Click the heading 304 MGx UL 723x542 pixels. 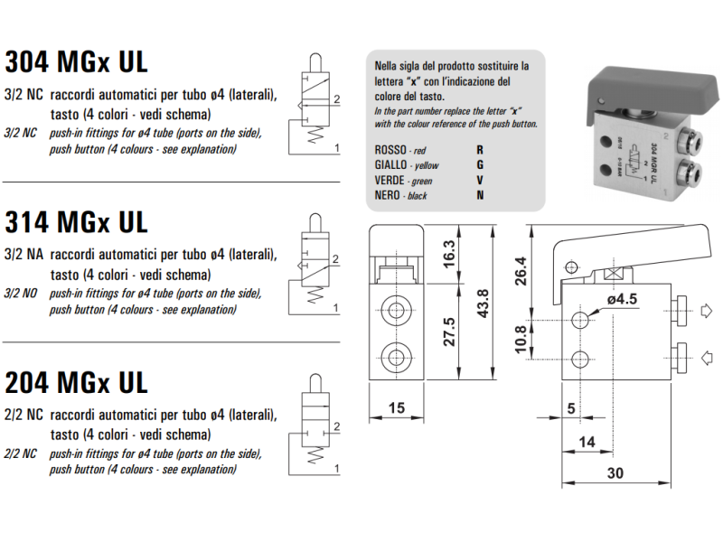(x=76, y=62)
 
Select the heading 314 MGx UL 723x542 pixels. (x=76, y=221)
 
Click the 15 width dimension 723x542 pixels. (x=395, y=408)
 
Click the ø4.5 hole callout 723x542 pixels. (x=624, y=300)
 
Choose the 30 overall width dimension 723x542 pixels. (x=615, y=473)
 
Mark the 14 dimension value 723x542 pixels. (x=587, y=441)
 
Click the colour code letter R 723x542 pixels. (x=480, y=149)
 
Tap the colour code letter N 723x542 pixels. (x=480, y=195)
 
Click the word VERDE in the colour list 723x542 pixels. (x=389, y=181)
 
